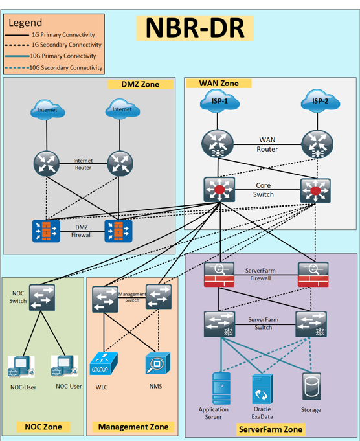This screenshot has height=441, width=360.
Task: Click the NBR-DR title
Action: pyautogui.click(x=195, y=28)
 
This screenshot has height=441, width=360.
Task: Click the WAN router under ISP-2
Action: pyautogui.click(x=317, y=144)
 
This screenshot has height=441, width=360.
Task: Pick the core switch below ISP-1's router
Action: pyautogui.click(x=219, y=190)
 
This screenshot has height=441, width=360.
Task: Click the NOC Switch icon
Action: pyautogui.click(x=42, y=298)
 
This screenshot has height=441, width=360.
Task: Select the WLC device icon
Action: pyautogui.click(x=104, y=363)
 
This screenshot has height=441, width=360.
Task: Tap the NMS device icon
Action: pyautogui.click(x=158, y=363)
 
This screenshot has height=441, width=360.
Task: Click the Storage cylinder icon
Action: pyautogui.click(x=311, y=386)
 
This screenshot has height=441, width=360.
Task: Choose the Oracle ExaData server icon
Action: pyautogui.click(x=262, y=389)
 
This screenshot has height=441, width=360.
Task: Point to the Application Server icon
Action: pyautogui.click(x=221, y=389)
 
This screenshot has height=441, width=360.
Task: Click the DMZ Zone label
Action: pyautogui.click(x=140, y=84)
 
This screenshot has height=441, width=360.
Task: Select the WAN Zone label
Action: pyautogui.click(x=219, y=84)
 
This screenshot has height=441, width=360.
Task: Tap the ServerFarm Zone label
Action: pyautogui.click(x=271, y=429)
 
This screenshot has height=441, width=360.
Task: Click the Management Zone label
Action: pyautogui.click(x=133, y=427)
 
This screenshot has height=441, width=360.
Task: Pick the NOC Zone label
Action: pyautogui.click(x=43, y=427)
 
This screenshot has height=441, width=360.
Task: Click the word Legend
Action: pyautogui.click(x=25, y=23)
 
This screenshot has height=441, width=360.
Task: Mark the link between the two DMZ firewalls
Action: pyautogui.click(x=82, y=231)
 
